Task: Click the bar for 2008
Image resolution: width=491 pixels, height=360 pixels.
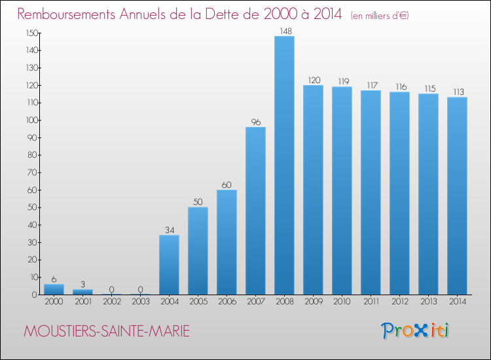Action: pyautogui.click(x=284, y=165)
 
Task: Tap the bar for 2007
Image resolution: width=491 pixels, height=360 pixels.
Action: pyautogui.click(x=255, y=211)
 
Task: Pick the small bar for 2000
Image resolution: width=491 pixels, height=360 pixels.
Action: pyautogui.click(x=54, y=289)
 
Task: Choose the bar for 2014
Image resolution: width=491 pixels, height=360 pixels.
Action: pyautogui.click(x=457, y=196)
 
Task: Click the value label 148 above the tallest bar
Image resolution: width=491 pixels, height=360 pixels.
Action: pyautogui.click(x=284, y=31)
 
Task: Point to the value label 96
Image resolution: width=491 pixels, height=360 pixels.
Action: pyautogui.click(x=255, y=121)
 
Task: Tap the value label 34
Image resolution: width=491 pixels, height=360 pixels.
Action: pyautogui.click(x=169, y=230)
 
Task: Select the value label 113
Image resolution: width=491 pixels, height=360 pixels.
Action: pyautogui.click(x=457, y=92)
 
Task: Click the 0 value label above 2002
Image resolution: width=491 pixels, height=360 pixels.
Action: pyautogui.click(x=111, y=289)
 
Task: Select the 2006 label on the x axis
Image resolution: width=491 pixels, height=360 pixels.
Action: pyautogui.click(x=227, y=302)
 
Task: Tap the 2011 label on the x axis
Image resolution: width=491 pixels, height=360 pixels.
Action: pyautogui.click(x=371, y=302)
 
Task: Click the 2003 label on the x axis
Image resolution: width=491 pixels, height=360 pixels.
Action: pyautogui.click(x=140, y=302)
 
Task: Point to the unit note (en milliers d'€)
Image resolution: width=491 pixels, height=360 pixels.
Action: pyautogui.click(x=380, y=16)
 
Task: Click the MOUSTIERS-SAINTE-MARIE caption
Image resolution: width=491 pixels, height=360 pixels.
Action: pyautogui.click(x=106, y=332)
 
